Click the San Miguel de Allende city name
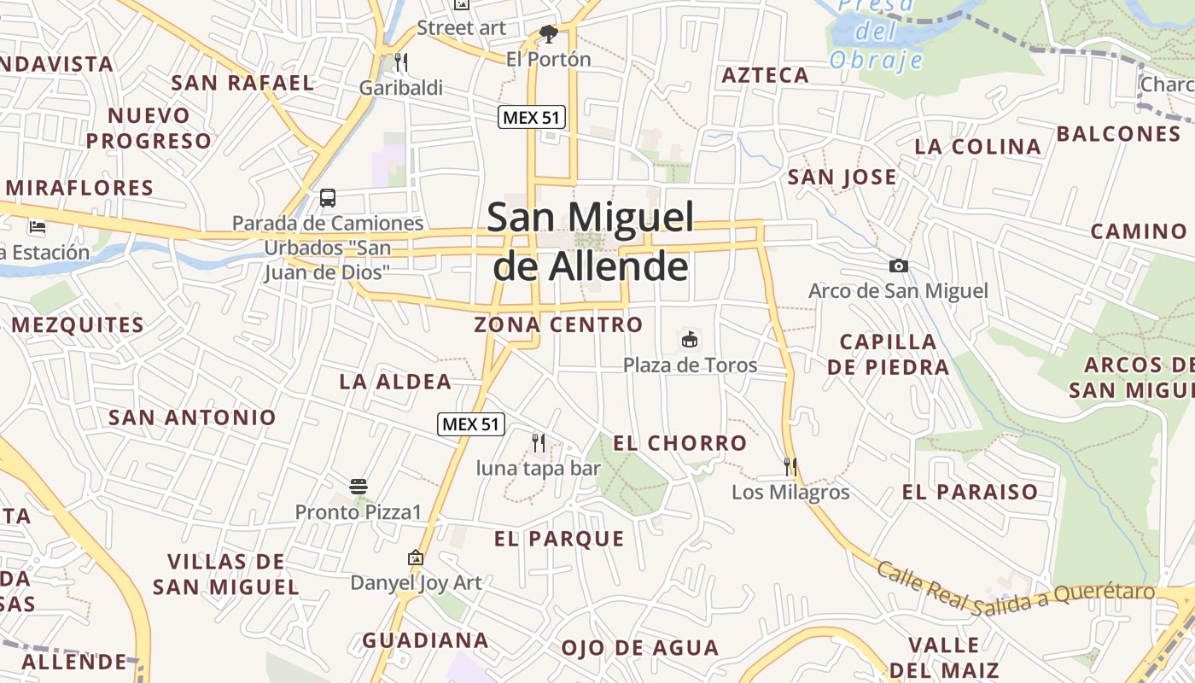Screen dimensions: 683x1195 [591, 242]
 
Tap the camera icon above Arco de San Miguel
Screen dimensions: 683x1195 [898, 266]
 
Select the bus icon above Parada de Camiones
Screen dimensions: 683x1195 [328, 198]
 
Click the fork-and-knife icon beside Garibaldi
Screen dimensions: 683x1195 [401, 61]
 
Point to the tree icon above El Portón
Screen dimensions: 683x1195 [549, 34]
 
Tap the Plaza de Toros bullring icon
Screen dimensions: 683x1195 [690, 340]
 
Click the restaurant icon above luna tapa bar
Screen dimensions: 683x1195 [539, 442]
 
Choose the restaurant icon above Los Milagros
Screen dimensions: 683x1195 [790, 466]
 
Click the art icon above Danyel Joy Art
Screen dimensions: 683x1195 [416, 557]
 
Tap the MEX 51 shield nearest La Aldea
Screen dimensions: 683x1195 [471, 423]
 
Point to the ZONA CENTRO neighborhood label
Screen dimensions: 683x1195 [558, 324]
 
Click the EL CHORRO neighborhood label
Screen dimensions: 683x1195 [680, 443]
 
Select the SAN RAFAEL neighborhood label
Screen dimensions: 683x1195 [243, 83]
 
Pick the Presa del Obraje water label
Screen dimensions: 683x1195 [877, 34]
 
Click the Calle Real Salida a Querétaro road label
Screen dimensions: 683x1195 [1016, 591]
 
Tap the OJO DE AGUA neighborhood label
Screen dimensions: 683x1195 [640, 648]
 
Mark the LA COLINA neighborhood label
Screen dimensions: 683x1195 [978, 147]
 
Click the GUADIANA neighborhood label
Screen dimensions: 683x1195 [425, 640]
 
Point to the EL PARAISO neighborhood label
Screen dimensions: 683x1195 [971, 492]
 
